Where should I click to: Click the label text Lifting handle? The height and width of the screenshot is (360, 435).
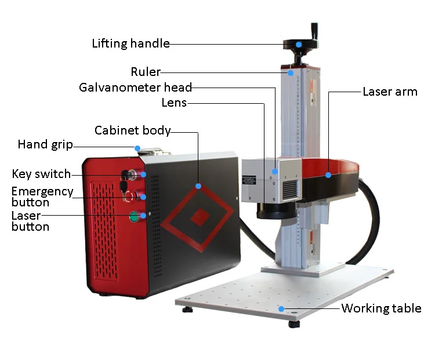click(130, 43)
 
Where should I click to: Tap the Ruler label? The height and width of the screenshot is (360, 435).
click(145, 72)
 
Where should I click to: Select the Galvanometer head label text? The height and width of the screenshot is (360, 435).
click(135, 88)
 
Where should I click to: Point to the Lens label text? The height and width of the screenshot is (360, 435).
click(174, 103)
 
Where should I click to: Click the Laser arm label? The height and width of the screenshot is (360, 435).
click(390, 92)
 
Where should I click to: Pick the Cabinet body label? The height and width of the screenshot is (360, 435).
click(132, 130)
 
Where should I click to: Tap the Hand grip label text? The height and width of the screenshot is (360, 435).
click(45, 144)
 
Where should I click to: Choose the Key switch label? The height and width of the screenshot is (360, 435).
click(41, 174)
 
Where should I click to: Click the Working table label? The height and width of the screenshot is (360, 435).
click(381, 308)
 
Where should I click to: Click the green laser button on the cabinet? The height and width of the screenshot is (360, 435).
click(134, 217)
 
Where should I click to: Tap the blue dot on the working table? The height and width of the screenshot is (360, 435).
click(281, 309)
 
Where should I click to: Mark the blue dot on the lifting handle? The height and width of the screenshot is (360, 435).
click(299, 44)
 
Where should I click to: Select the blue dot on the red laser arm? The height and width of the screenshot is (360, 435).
click(328, 174)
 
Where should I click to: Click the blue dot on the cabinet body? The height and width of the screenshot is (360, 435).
click(198, 186)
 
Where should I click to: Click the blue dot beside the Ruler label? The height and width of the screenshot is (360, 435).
click(290, 73)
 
